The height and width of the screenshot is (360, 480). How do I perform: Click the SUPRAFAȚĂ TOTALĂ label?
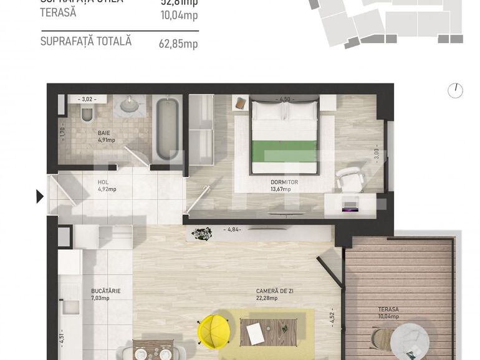[x=85, y=41]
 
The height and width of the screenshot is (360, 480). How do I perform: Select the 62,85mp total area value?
[x=179, y=43]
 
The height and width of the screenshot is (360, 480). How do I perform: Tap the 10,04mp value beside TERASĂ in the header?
[x=179, y=15]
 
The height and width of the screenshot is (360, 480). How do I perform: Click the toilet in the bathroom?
[x=87, y=114]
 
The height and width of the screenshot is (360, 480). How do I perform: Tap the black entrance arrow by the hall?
[x=40, y=197]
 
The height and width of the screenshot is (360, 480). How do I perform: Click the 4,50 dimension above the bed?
[x=285, y=99]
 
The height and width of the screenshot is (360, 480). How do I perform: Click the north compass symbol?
[x=455, y=90]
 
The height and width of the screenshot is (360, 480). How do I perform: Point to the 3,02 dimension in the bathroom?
[x=87, y=99]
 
